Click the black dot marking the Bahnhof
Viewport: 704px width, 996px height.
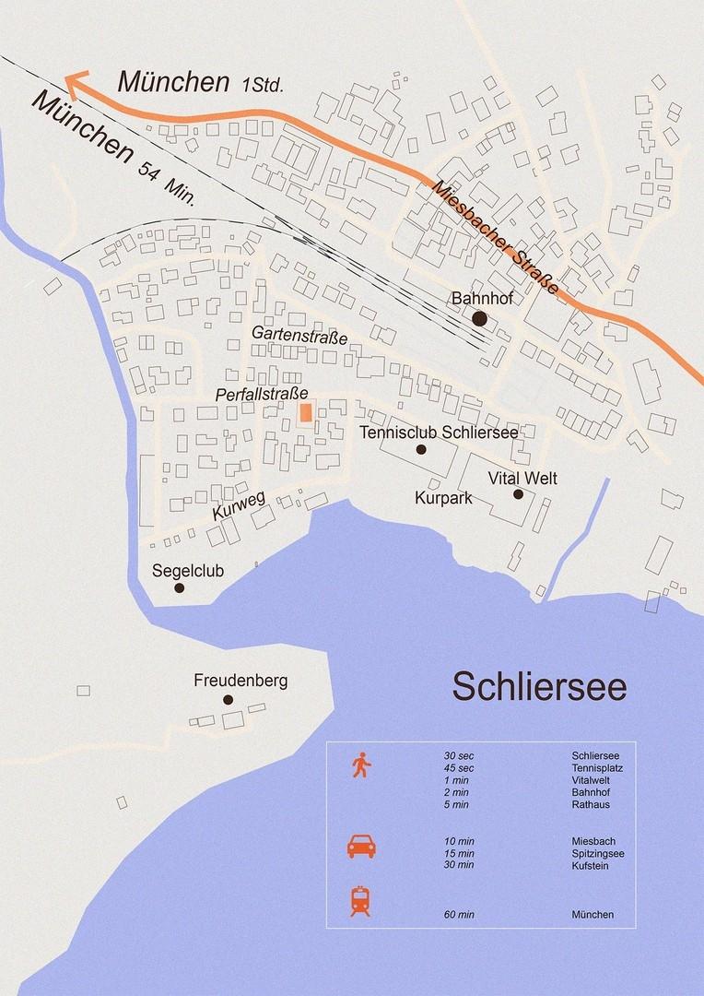tap(479, 318)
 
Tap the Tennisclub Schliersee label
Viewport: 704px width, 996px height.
tap(439, 432)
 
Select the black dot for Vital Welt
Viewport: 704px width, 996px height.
tap(519, 494)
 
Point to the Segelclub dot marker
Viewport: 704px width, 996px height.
tap(180, 587)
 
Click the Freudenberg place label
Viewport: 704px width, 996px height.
tap(241, 682)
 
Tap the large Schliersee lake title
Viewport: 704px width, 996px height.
tap(539, 687)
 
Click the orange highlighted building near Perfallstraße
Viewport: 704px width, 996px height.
tap(307, 412)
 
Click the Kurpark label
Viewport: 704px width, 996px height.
tap(443, 498)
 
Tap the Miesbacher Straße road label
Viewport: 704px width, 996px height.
tap(495, 236)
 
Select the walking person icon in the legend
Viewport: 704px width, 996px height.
tap(360, 765)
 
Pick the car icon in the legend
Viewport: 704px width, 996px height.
tap(360, 847)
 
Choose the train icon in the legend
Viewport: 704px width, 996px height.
tap(360, 900)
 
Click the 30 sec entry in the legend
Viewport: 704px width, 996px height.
tap(459, 756)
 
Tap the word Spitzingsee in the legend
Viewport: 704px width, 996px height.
tap(598, 853)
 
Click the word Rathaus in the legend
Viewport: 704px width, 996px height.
tap(591, 804)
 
